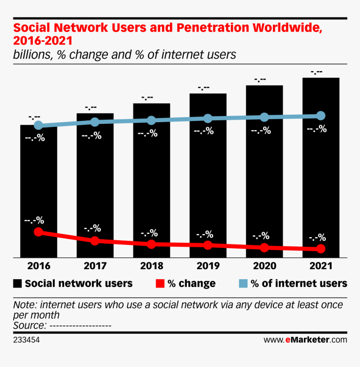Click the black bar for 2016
39,188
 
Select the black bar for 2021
321,176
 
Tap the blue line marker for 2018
152,121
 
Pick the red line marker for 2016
39,232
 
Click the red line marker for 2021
321,249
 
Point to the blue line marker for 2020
264,117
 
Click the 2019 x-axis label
208,266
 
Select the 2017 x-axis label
95,266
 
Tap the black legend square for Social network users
18,284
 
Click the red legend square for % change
159,284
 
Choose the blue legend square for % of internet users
243,284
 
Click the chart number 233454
26,340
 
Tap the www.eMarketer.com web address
305,340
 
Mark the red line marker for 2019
208,245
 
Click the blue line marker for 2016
39,125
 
